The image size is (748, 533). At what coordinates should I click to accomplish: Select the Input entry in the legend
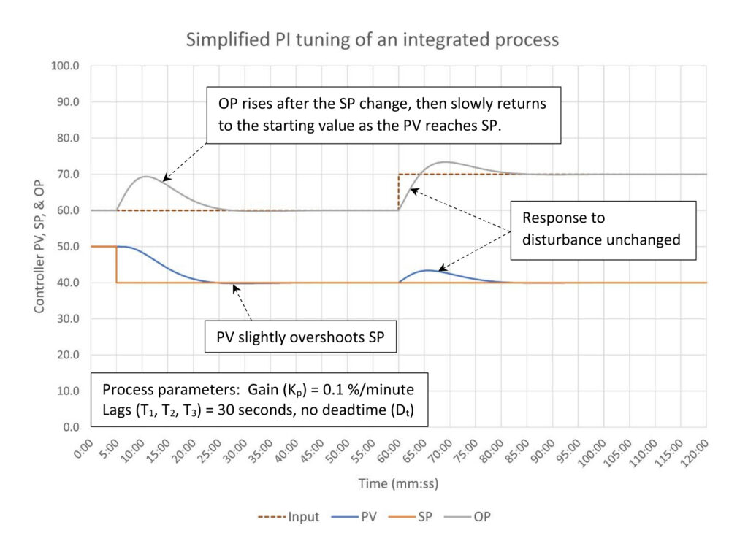[x=289, y=517]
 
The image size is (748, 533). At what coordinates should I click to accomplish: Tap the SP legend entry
[x=411, y=517]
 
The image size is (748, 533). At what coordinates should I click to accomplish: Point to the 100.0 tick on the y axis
[x=65, y=66]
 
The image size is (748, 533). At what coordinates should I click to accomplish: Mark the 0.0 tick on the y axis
[x=71, y=426]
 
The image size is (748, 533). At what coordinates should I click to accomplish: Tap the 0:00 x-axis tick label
[x=83, y=449]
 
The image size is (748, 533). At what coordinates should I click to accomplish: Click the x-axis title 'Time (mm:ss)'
[x=398, y=484]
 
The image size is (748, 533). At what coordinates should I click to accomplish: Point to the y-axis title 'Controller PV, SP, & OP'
[x=39, y=247]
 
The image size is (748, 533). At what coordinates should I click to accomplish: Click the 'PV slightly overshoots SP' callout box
[x=300, y=337]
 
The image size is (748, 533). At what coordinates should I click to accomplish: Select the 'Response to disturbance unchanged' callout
[x=603, y=230]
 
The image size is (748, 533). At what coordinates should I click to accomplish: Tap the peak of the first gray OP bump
[x=146, y=177]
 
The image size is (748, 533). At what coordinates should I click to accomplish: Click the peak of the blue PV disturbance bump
[x=428, y=270]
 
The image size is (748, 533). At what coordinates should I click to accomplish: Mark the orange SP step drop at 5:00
[x=116, y=264]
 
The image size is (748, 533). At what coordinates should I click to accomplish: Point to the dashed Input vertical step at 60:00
[x=399, y=192]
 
